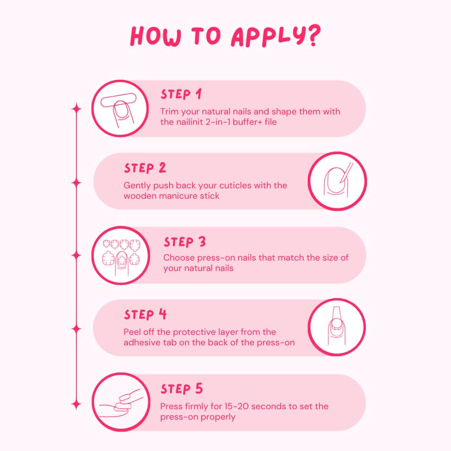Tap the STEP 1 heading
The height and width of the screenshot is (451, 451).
point(181,94)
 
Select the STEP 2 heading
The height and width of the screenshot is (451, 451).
point(145,168)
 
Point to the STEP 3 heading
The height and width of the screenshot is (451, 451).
point(185,242)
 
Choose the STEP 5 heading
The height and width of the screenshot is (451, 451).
point(182,389)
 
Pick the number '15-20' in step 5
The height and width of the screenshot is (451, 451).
point(242,406)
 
